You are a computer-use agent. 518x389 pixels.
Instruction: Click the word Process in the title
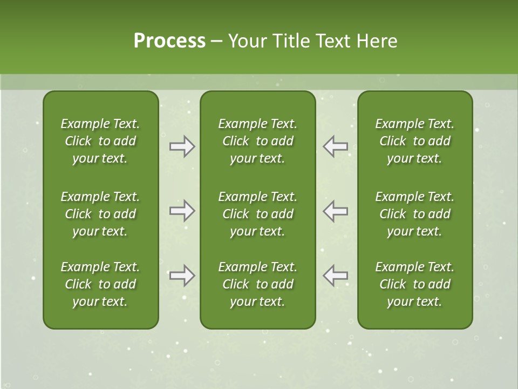pyautogui.click(x=169, y=41)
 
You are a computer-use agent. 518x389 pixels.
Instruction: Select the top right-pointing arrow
pyautogui.click(x=182, y=146)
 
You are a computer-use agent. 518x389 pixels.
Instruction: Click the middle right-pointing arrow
pyautogui.click(x=182, y=211)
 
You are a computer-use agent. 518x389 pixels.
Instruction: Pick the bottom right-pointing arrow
pyautogui.click(x=182, y=276)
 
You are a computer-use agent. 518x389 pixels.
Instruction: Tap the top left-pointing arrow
pyautogui.click(x=336, y=146)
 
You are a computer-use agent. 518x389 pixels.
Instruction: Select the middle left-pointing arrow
pyautogui.click(x=336, y=211)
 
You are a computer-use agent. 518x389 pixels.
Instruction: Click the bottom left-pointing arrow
pyautogui.click(x=336, y=276)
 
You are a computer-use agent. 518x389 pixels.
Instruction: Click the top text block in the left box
pyautogui.click(x=100, y=141)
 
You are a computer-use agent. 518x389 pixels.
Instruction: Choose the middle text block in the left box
pyautogui.click(x=100, y=214)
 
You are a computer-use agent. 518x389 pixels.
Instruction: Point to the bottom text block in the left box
pyautogui.click(x=100, y=284)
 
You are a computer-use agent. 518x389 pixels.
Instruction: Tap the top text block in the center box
pyautogui.click(x=257, y=141)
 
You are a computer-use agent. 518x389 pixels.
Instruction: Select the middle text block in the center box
pyautogui.click(x=257, y=214)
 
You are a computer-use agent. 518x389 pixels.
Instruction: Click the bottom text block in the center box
pyautogui.click(x=257, y=284)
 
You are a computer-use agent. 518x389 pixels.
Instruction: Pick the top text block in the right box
pyautogui.click(x=415, y=141)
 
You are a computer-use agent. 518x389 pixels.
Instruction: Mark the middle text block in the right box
pyautogui.click(x=415, y=214)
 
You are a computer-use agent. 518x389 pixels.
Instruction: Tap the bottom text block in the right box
pyautogui.click(x=415, y=284)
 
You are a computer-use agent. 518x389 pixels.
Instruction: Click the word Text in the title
pyautogui.click(x=333, y=41)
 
